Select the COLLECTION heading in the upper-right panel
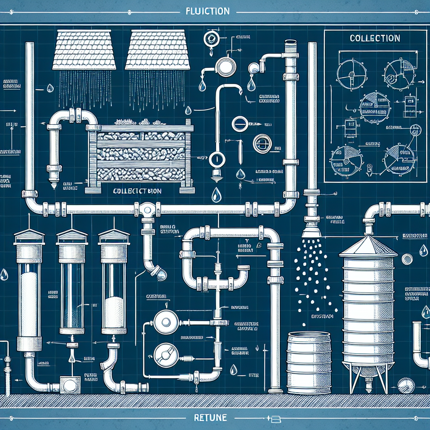pos(375,38)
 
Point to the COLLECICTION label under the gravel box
pos(137,190)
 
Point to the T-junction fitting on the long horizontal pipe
pos(147,209)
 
